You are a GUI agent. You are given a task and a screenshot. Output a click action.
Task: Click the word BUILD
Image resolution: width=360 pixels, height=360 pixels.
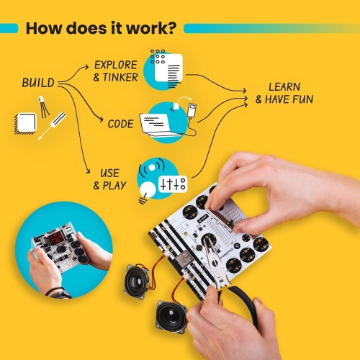37,83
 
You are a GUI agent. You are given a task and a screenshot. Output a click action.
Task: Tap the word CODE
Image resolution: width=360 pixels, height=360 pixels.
120,124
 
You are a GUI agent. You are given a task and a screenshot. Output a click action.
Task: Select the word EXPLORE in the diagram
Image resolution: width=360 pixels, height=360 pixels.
116,65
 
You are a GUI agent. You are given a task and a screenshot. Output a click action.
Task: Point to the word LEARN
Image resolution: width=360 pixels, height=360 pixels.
284,86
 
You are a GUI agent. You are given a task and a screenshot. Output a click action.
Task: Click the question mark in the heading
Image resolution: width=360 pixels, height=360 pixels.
174,29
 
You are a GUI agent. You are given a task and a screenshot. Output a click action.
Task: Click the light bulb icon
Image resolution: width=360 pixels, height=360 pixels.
147,191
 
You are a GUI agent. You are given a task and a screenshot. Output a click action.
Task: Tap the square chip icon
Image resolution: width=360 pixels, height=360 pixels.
24,124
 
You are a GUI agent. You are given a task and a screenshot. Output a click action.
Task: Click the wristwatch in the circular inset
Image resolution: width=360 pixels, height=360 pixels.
58,292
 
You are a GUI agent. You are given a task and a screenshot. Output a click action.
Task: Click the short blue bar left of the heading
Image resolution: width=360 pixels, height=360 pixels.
9,29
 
